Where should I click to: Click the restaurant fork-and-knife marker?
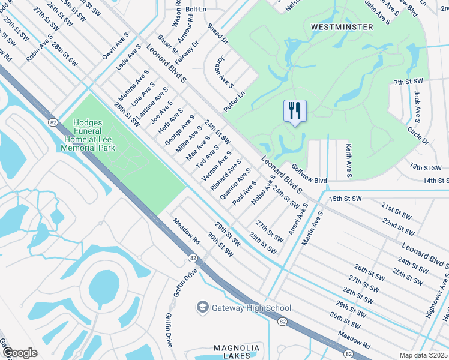pos(295,111)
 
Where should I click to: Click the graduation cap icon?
pos(202,307)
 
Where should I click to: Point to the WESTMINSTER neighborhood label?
pos(342,27)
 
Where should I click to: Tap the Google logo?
pos(19,353)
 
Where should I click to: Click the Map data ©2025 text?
pos(424,355)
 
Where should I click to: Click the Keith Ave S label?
pos(348,160)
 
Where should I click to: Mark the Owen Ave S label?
pos(115,46)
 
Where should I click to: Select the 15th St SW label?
pos(346,198)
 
